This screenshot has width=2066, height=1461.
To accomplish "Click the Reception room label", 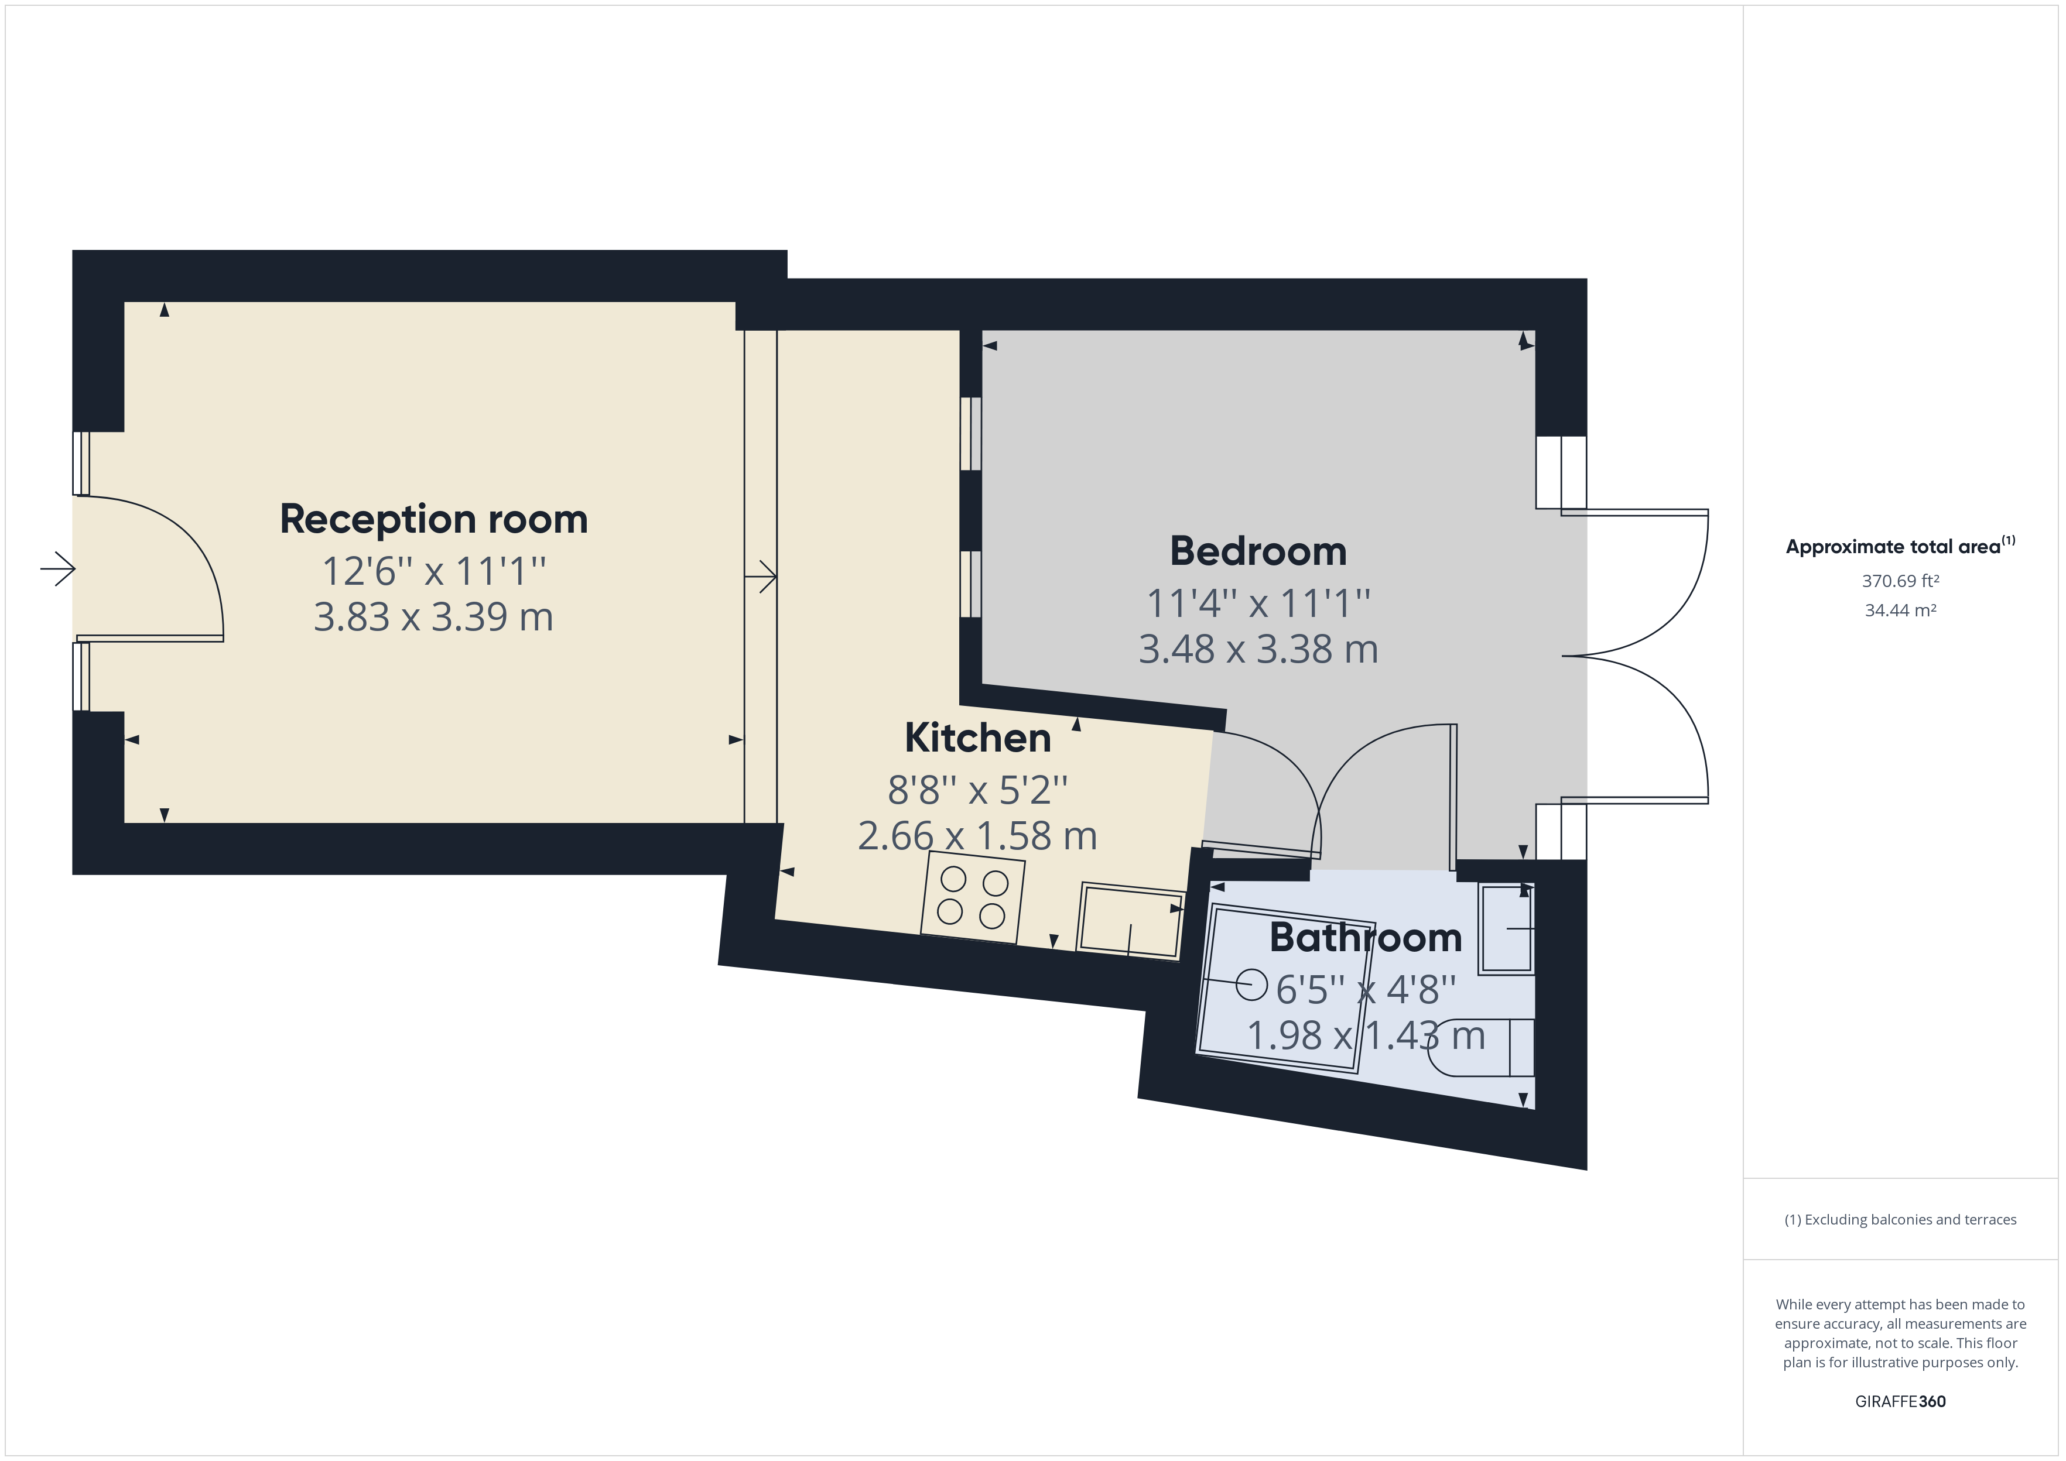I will (434, 519).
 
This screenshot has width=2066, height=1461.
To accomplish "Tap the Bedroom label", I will (1258, 551).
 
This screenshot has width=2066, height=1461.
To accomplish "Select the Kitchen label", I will (977, 738).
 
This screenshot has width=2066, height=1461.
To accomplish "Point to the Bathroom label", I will (1365, 937).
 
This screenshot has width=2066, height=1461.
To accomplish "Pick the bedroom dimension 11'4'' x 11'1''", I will (1258, 603).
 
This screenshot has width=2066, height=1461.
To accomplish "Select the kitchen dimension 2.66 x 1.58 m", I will (977, 836).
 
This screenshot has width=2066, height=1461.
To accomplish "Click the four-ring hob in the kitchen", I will (973, 896).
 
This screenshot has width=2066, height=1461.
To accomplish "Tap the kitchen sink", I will (1131, 920).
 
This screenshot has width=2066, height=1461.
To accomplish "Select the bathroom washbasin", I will (1506, 928).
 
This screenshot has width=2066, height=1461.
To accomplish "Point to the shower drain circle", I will (1251, 984).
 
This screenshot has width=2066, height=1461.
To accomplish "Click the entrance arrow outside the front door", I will (59, 568).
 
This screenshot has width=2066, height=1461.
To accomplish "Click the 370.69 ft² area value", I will (1900, 581).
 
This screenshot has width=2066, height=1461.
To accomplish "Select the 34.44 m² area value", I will (1900, 610).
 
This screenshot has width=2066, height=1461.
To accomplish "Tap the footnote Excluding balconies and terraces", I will (1900, 1220).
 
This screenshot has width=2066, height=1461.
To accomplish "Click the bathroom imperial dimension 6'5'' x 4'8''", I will (1365, 990).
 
